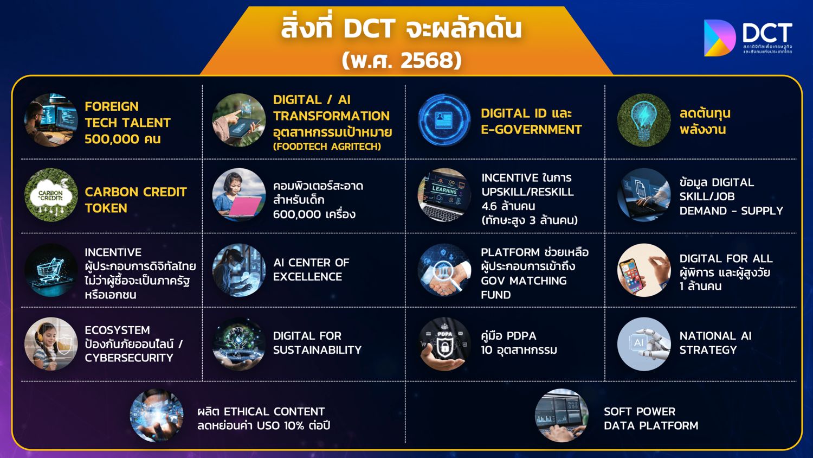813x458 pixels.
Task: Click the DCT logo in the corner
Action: click(747, 38)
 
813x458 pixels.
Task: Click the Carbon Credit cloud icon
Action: click(51, 195)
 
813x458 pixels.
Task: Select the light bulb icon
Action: click(644, 120)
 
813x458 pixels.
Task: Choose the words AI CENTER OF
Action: click(311, 263)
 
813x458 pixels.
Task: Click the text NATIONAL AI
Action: click(715, 336)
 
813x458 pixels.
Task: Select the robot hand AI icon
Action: click(644, 344)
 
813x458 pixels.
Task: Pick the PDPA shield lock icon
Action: click(444, 344)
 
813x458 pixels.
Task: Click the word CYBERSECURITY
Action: click(129, 358)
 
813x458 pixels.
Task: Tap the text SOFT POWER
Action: click(640, 411)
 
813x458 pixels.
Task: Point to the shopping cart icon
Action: click(51, 270)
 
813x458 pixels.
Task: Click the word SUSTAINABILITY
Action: click(317, 350)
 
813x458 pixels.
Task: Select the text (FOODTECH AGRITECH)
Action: click(327, 147)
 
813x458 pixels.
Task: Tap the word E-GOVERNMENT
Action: click(531, 130)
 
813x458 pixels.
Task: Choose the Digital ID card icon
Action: click(444, 120)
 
